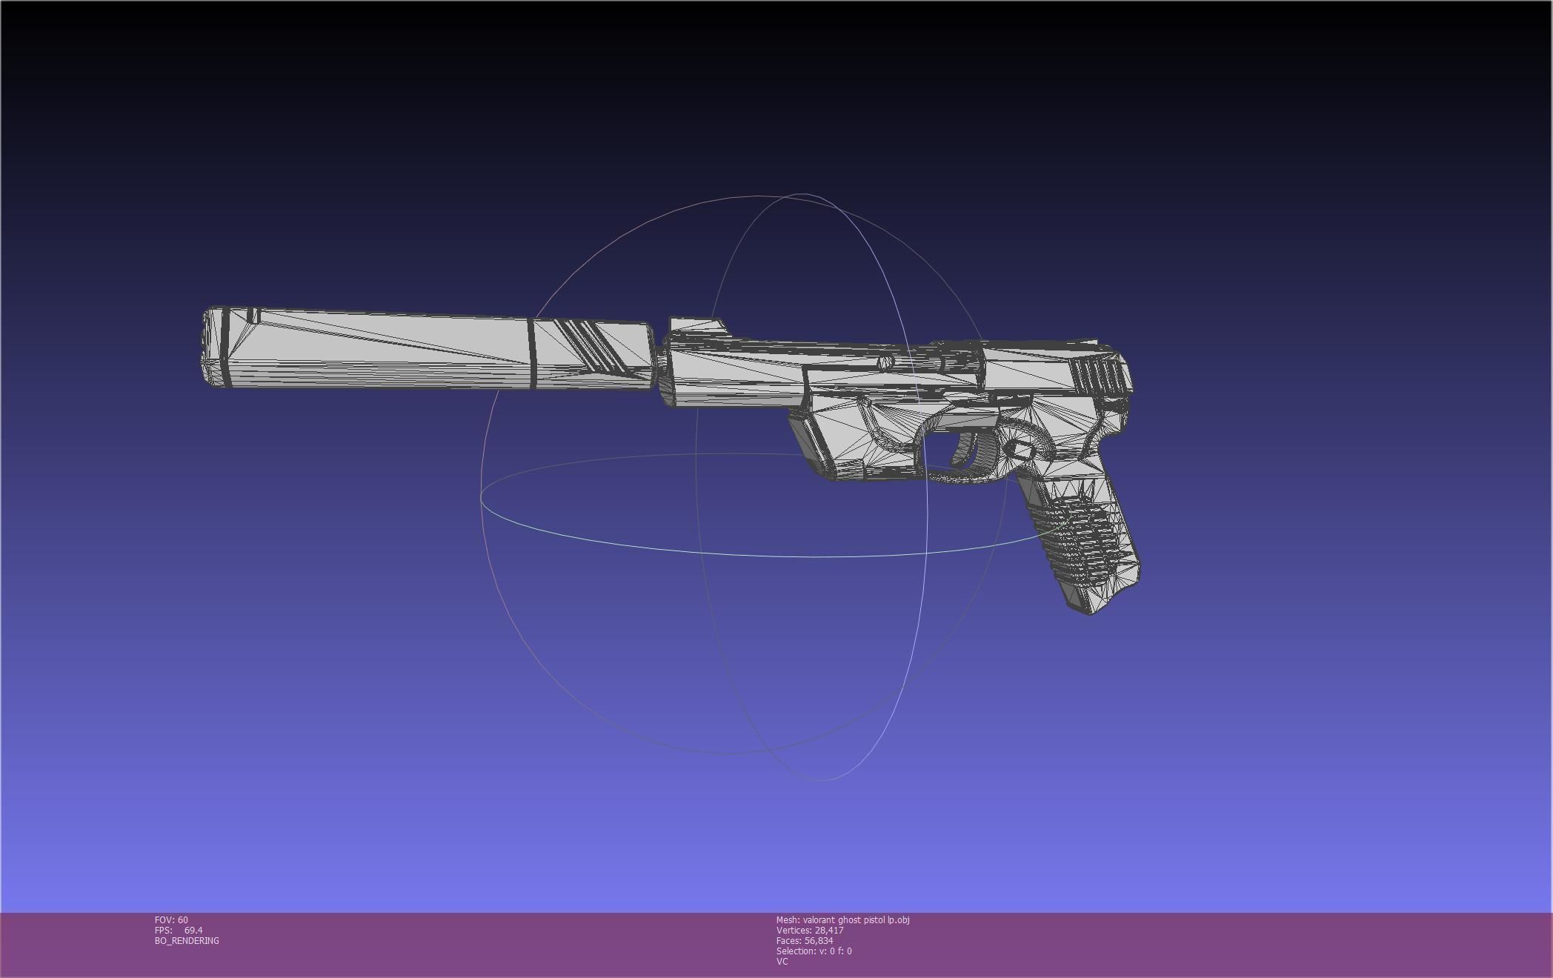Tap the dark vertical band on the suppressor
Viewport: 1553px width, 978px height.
point(532,354)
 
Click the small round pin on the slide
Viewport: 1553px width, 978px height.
point(885,362)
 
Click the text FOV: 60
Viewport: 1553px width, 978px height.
point(171,920)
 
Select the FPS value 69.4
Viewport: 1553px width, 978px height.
point(193,931)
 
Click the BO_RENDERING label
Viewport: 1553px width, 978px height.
point(187,941)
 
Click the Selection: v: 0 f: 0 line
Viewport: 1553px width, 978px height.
point(814,951)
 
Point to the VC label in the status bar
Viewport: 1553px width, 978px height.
point(782,962)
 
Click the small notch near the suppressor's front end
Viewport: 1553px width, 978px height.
point(253,316)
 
